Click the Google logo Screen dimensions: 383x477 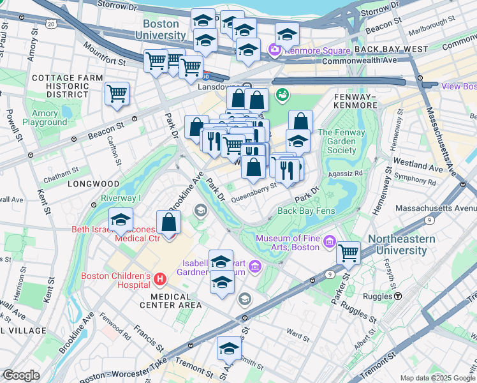click(x=21, y=375)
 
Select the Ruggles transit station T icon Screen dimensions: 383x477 click(x=397, y=296)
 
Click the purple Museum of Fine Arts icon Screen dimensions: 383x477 click(x=329, y=241)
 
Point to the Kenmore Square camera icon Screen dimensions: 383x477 click(x=275, y=49)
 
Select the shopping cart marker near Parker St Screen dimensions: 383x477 click(x=348, y=253)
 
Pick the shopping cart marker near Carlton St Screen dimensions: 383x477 click(x=117, y=94)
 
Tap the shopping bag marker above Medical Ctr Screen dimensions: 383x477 click(x=168, y=223)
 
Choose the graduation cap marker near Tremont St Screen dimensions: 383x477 click(x=229, y=349)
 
